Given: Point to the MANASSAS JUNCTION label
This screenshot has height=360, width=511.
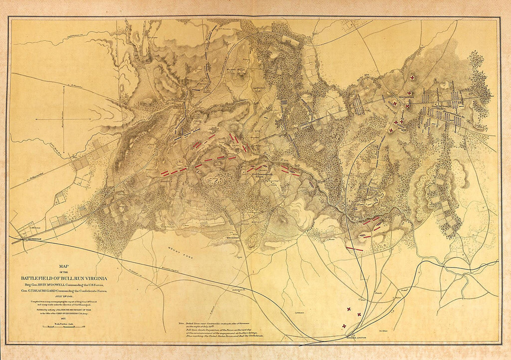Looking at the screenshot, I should (356, 338).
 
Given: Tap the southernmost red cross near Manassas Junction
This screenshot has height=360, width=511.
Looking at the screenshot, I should (344, 326).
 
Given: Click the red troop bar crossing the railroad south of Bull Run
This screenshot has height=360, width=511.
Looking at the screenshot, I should (354, 249).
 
